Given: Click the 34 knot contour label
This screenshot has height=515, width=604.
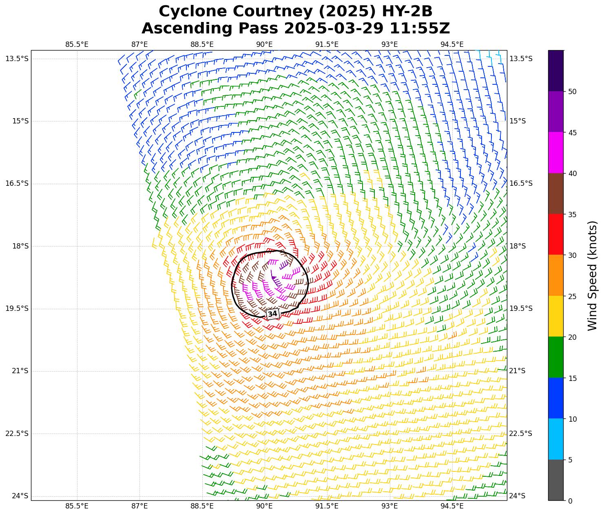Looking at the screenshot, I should point(272,314).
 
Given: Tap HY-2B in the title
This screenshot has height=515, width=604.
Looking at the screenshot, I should point(407,11).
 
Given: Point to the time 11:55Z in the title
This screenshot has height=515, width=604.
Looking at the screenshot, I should point(420,29).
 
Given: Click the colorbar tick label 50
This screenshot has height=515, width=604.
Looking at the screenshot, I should point(572,92).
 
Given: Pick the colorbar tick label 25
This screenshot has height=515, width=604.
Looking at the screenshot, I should point(572,296).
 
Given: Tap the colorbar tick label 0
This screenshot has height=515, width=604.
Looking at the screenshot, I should point(570,501).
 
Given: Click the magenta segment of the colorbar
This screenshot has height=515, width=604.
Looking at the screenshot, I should point(555,153).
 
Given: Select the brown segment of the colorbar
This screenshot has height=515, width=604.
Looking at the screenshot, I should point(555,194).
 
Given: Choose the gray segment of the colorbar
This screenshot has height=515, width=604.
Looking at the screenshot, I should point(555,480).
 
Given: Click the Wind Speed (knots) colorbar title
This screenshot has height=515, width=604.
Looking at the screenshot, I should point(592,275).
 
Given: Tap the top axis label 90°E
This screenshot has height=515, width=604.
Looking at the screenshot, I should point(264,44).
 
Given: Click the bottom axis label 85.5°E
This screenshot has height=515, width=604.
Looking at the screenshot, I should point(77,506).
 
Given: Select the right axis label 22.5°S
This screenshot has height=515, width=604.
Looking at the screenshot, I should point(521,434).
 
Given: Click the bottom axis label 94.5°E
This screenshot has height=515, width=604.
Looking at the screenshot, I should point(452,506).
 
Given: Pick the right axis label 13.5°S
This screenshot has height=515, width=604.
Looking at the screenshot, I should point(521,59).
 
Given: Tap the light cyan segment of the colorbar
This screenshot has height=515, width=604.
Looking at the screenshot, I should point(555,439).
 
